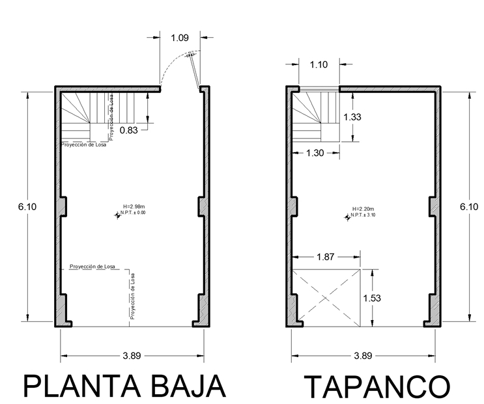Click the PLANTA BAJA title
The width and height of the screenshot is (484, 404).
[124, 386]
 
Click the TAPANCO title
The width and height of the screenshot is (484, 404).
[377, 386]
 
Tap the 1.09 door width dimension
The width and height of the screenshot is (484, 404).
[180, 38]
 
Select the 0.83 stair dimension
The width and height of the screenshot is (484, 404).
[129, 130]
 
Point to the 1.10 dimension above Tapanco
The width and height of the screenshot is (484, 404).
[319, 64]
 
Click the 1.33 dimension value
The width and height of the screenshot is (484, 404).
[352, 117]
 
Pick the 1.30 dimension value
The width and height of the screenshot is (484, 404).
[315, 153]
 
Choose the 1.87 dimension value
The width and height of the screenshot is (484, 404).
[325, 257]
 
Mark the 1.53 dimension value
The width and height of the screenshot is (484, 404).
[372, 299]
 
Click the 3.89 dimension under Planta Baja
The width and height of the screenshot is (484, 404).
[132, 356]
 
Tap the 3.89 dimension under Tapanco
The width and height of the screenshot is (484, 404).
[363, 356]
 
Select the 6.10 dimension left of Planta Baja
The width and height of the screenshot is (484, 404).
[27, 207]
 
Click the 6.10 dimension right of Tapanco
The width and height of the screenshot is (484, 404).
[469, 207]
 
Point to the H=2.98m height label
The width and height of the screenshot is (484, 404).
[134, 207]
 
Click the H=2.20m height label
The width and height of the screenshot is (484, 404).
[363, 209]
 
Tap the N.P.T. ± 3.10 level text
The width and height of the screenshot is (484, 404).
[363, 215]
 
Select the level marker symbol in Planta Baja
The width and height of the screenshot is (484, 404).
[118, 215]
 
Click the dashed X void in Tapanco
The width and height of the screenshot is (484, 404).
[326, 299]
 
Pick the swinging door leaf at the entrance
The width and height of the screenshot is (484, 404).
[195, 72]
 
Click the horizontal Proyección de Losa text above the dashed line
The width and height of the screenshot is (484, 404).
[93, 267]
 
